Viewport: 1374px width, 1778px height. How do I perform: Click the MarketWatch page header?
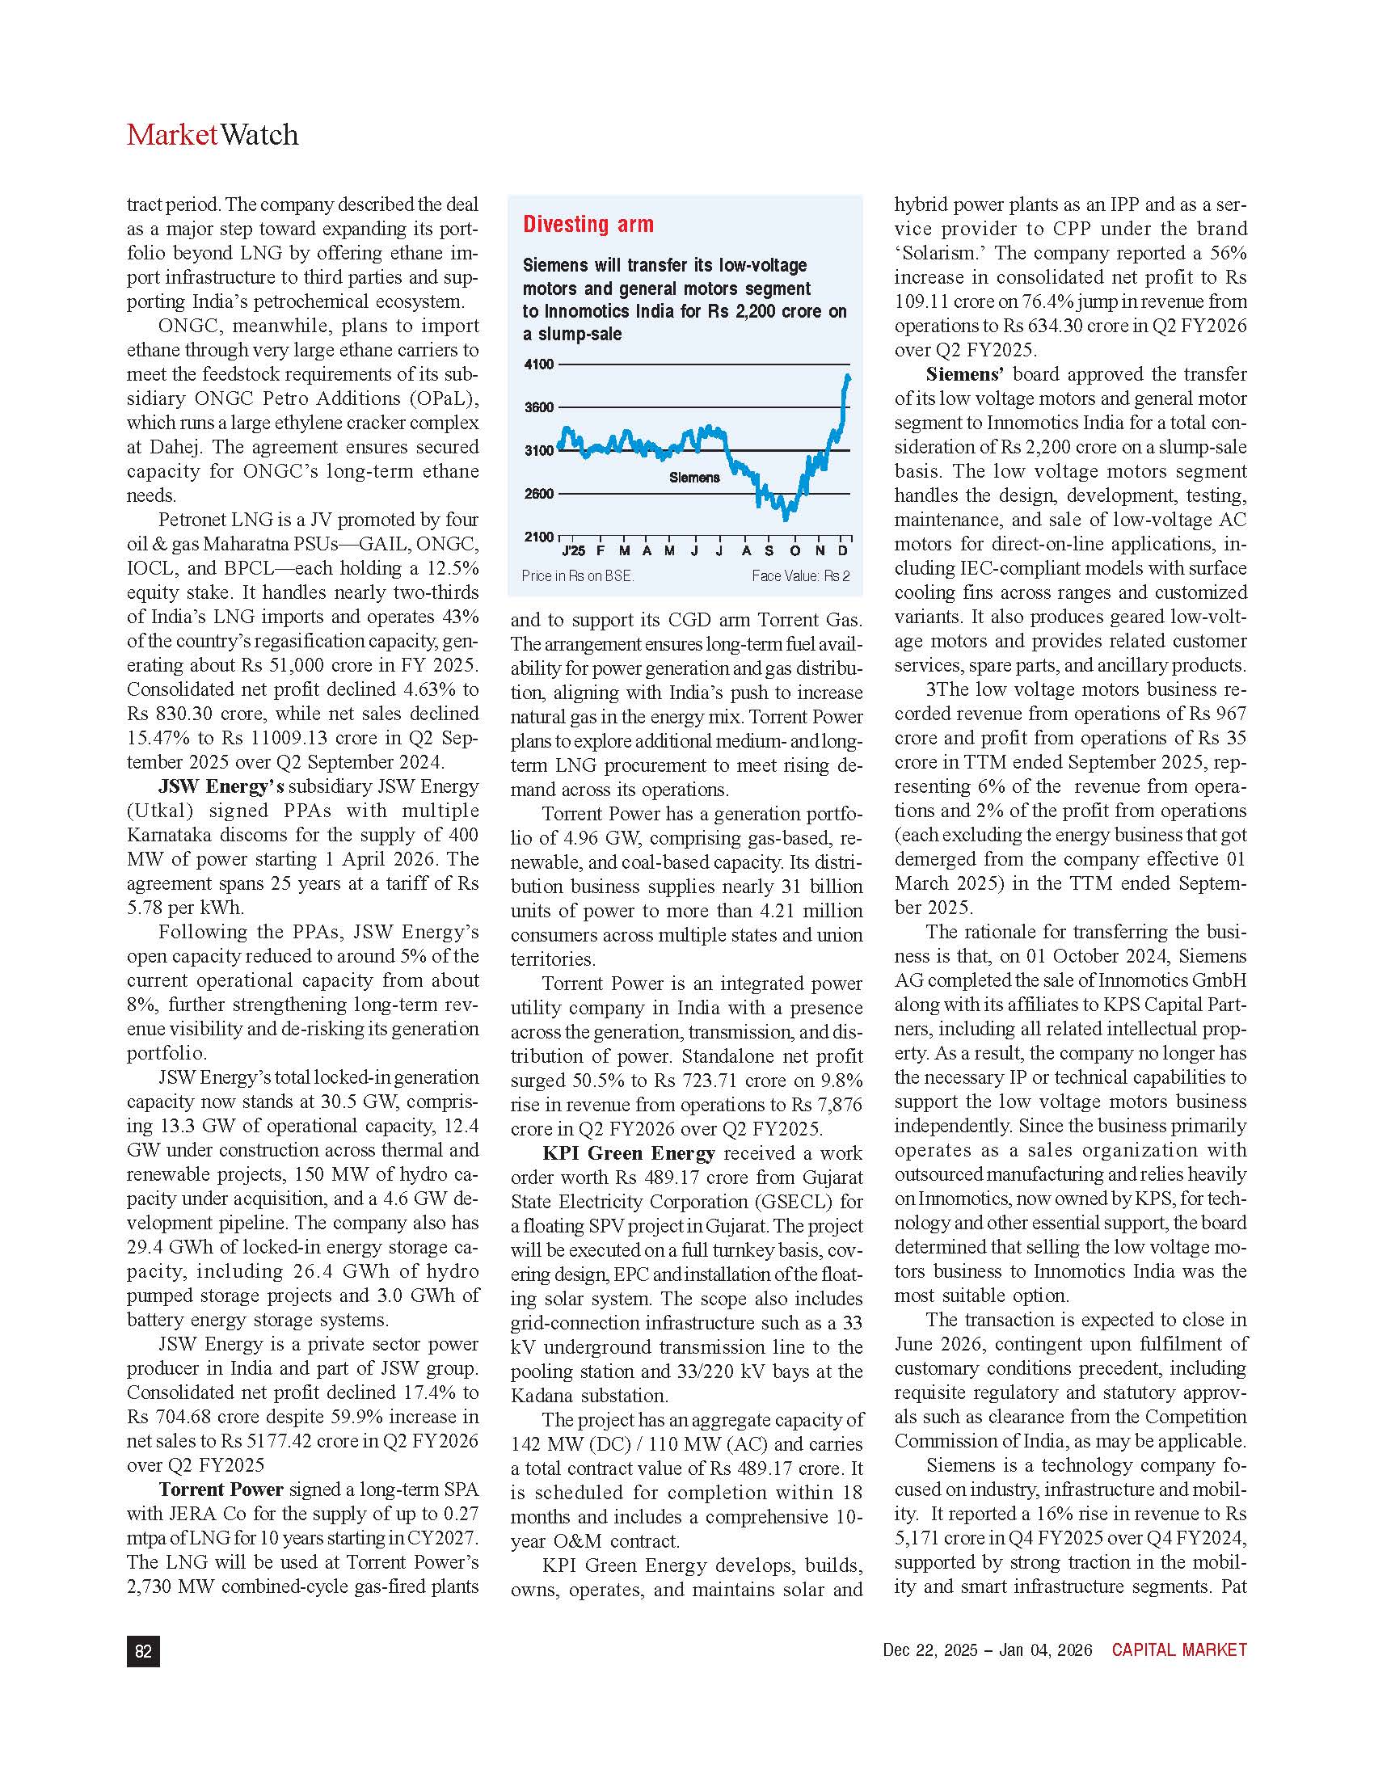(213, 134)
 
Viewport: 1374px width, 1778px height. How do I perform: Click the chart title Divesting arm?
(588, 225)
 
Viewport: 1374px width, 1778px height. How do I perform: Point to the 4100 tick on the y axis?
(538, 364)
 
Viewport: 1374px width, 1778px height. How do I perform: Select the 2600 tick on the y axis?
(538, 493)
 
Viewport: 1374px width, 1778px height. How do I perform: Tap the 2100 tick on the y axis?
(538, 537)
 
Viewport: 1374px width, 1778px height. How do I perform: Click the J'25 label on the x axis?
(573, 551)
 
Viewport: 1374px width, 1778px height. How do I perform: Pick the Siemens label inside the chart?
(694, 478)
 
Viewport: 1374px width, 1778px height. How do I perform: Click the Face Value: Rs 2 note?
(800, 576)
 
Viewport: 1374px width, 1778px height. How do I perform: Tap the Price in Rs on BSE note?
(577, 576)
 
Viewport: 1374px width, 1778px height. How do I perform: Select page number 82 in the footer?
(143, 1651)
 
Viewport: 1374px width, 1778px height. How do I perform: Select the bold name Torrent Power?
(221, 1489)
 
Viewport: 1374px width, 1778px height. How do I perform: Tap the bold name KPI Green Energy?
(628, 1153)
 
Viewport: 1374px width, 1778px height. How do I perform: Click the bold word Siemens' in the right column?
(963, 374)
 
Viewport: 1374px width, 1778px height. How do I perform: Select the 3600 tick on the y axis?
(538, 408)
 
